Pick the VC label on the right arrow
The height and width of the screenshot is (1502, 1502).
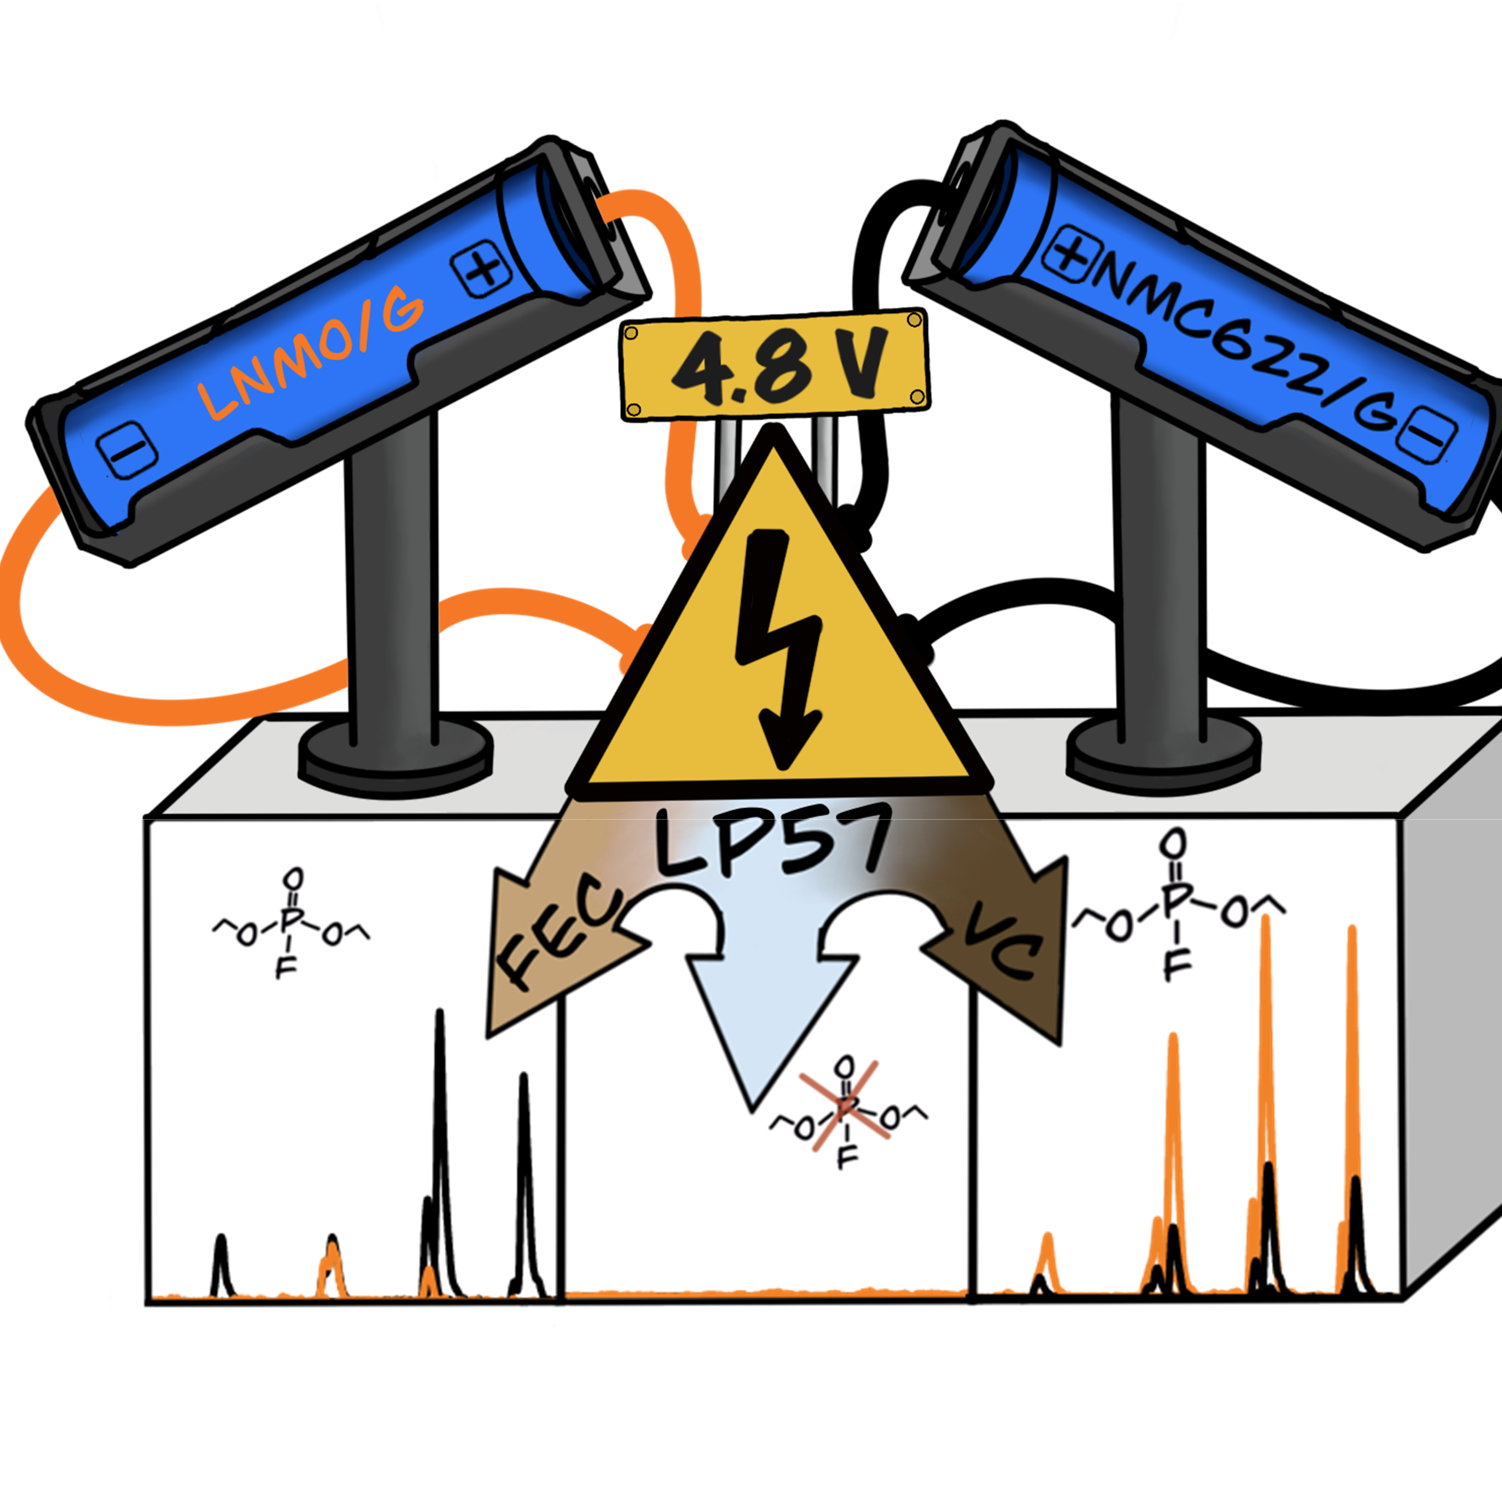[1003, 949]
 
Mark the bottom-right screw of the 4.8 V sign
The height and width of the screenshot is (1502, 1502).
[917, 397]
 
